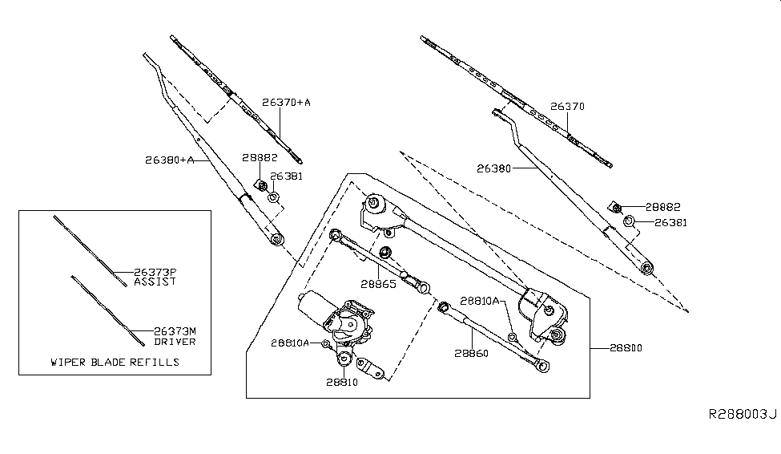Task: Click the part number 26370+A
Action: click(287, 103)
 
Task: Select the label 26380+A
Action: click(170, 160)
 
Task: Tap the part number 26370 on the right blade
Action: click(567, 106)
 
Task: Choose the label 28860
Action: click(472, 353)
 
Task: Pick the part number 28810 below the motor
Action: click(342, 383)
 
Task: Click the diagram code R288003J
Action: click(742, 414)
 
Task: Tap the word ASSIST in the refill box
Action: click(154, 282)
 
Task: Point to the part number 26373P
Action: click(154, 273)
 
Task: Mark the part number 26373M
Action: click(154, 332)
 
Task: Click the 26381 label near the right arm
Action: click(671, 222)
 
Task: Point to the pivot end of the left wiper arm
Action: click(276, 239)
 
